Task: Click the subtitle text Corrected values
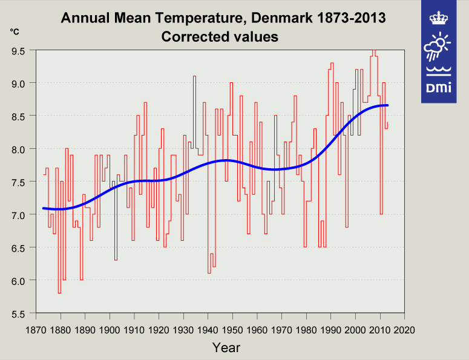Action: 220,37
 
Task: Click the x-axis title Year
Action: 226,347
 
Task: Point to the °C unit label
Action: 14,30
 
